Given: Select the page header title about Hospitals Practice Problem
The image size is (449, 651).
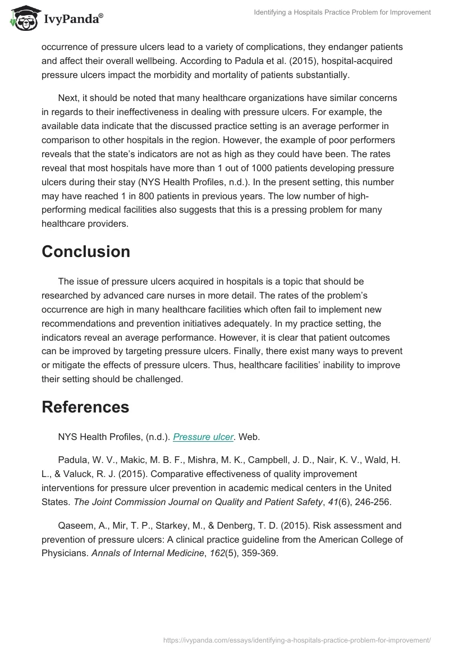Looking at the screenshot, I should (x=342, y=12).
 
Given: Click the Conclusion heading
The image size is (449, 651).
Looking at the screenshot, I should (x=86, y=251).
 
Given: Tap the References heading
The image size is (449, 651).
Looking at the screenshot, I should (x=85, y=406).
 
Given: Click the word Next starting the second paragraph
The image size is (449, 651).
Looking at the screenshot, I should (x=68, y=98).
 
